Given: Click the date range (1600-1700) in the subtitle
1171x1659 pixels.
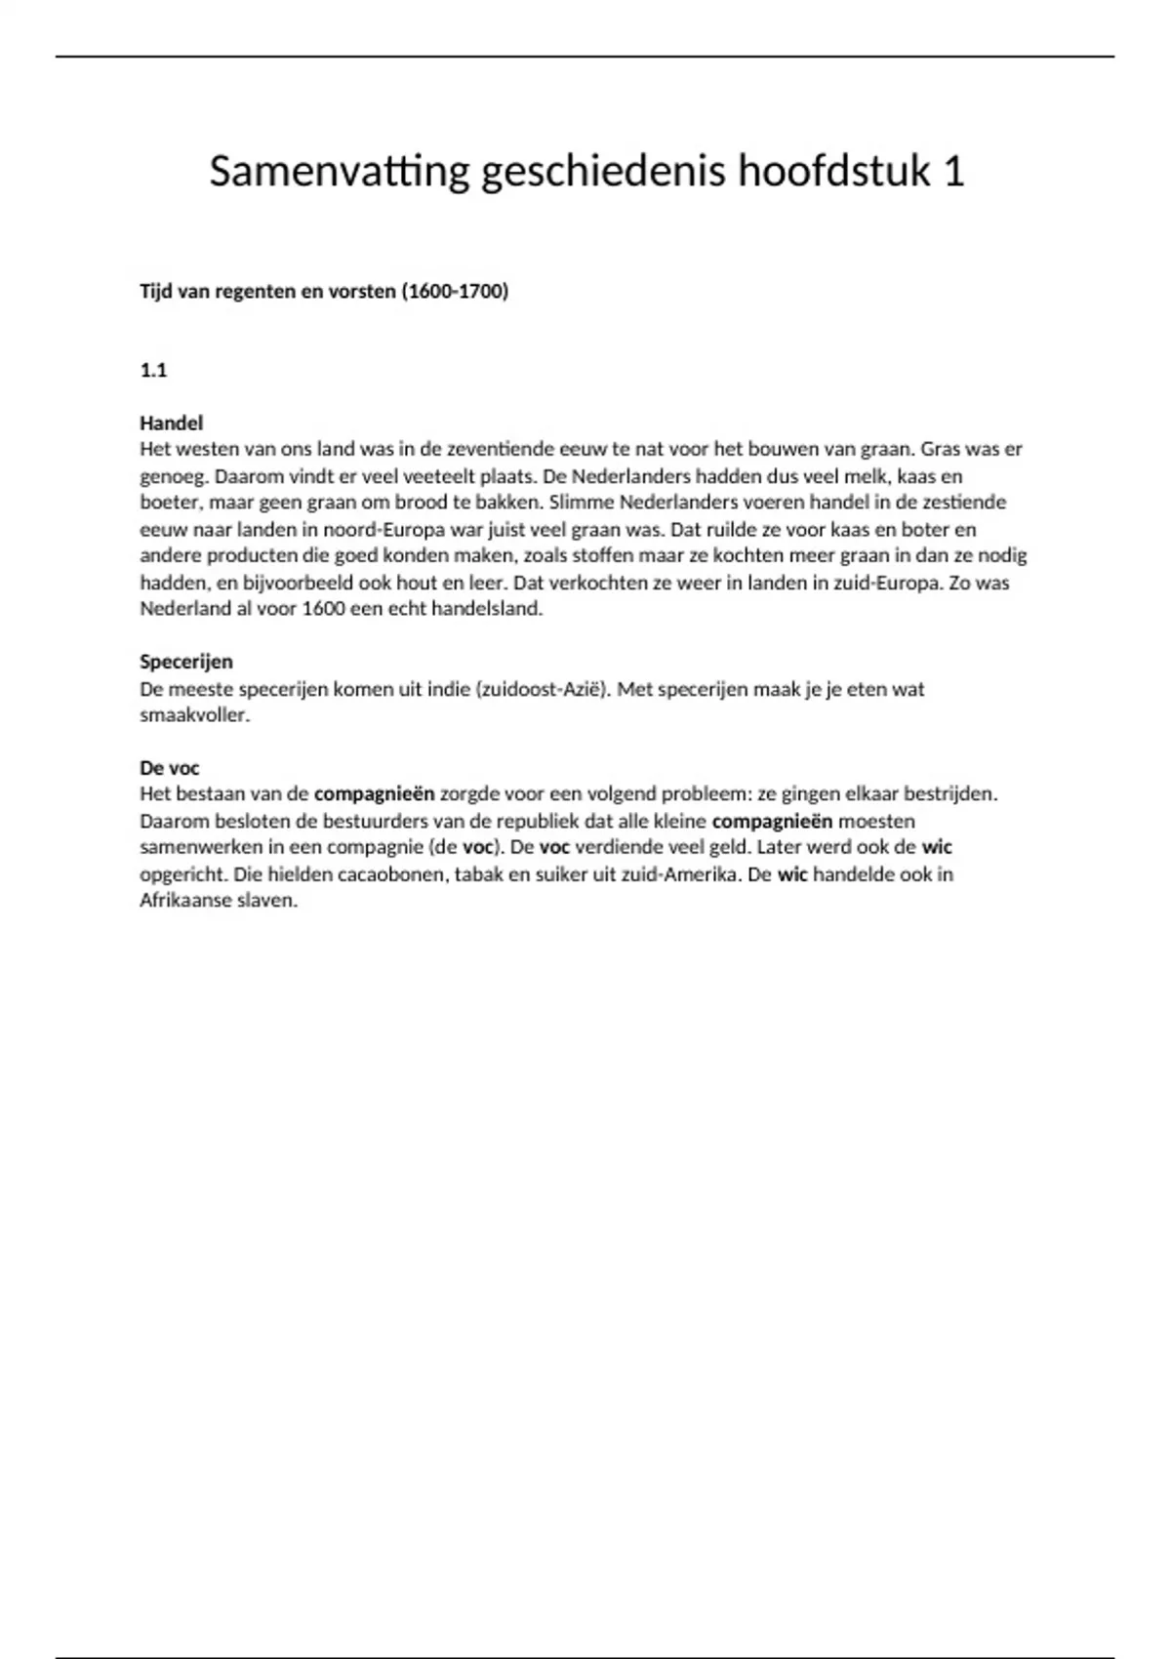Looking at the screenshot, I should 455,291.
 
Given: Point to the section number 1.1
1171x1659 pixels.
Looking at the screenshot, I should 153,370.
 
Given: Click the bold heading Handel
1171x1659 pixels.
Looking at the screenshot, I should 171,423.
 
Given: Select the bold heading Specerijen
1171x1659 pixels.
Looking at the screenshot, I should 185,662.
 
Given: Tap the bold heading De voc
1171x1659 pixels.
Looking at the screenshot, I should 169,768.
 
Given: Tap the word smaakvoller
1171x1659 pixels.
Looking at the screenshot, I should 194,715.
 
